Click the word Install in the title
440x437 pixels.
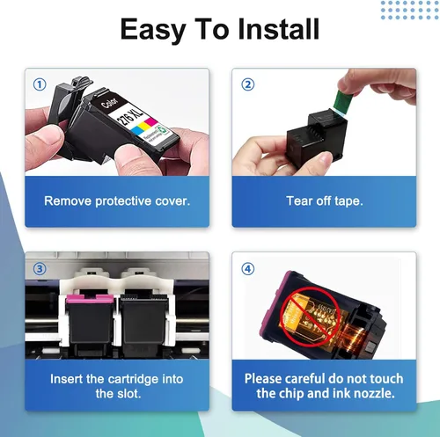(x=278, y=29)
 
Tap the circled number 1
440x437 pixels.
(x=40, y=84)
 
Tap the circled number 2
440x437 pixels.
(x=247, y=84)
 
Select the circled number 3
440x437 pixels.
(x=40, y=269)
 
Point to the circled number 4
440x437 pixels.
(x=247, y=269)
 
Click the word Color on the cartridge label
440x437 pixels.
(x=109, y=102)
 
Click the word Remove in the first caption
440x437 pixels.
(x=68, y=201)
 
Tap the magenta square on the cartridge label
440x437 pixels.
(x=150, y=121)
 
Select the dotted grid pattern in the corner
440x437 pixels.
(x=409, y=11)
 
